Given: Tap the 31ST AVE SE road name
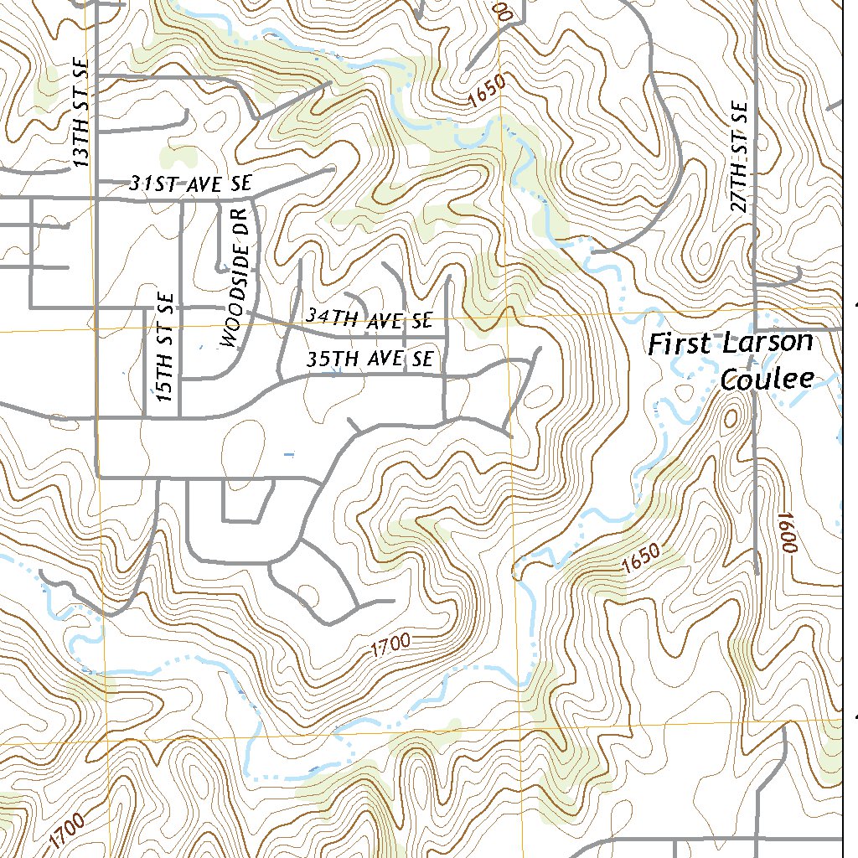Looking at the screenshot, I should tap(189, 183).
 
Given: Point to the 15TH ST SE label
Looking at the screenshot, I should tap(165, 346).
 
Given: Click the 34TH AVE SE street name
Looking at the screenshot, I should tap(369, 318).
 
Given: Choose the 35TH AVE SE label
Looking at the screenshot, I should tap(370, 359).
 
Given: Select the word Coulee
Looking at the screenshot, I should tap(767, 379).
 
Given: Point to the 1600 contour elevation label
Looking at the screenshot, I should tap(786, 531).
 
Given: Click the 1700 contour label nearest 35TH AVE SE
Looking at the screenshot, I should tap(390, 643).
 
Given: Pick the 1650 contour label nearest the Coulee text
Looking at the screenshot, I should tap(643, 560).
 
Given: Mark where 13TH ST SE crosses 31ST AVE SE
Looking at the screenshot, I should tap(96, 179).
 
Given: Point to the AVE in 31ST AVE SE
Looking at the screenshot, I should tap(196, 183).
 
